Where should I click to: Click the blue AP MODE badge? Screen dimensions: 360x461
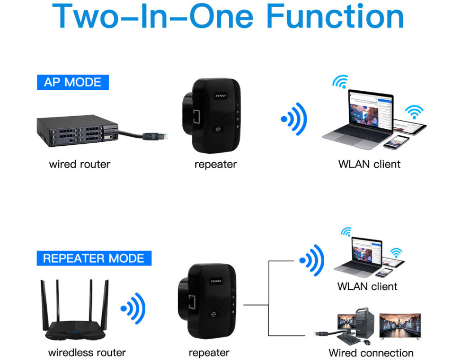[72, 82]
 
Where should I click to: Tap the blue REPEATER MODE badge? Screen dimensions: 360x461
[94, 258]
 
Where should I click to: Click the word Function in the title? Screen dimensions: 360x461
[335, 17]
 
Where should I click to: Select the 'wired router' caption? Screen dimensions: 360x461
[79, 164]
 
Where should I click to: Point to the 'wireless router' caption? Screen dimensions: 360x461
[87, 352]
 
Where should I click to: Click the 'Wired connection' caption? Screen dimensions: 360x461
[371, 353]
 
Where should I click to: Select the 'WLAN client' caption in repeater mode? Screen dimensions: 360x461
[367, 286]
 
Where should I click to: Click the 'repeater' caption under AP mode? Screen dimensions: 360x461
[215, 164]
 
